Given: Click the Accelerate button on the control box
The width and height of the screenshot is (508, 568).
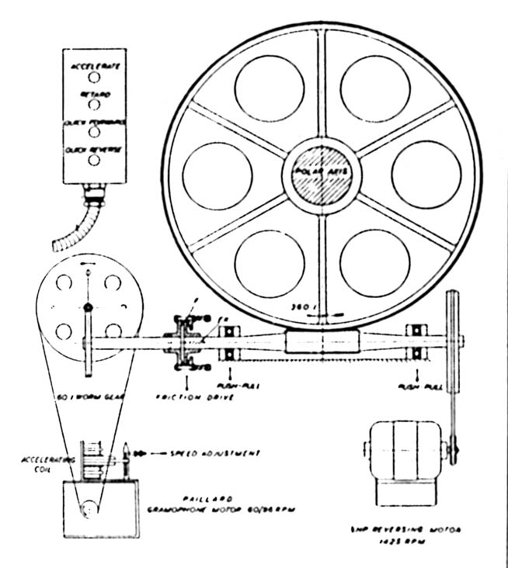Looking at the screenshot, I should point(93,78).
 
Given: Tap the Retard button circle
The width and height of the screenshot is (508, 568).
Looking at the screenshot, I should point(93,105).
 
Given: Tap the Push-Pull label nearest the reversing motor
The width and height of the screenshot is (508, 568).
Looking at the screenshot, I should point(415,385).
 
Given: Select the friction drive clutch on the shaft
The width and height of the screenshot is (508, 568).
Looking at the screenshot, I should point(184,341).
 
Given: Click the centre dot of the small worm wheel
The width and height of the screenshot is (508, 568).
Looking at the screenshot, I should point(89,308).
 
